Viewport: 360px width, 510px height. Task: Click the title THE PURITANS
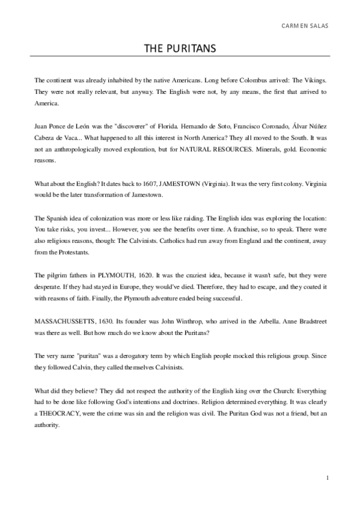tap(180, 48)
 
